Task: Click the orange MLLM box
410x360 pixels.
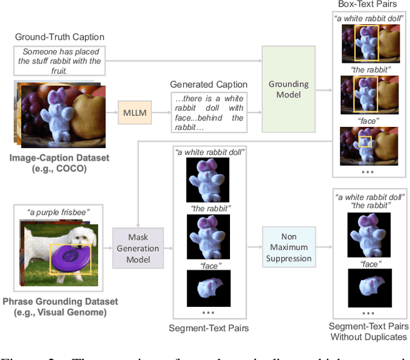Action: tap(135, 113)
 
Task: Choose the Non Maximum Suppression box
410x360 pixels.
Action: tap(288, 247)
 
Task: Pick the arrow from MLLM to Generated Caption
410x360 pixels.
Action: tap(159, 113)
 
